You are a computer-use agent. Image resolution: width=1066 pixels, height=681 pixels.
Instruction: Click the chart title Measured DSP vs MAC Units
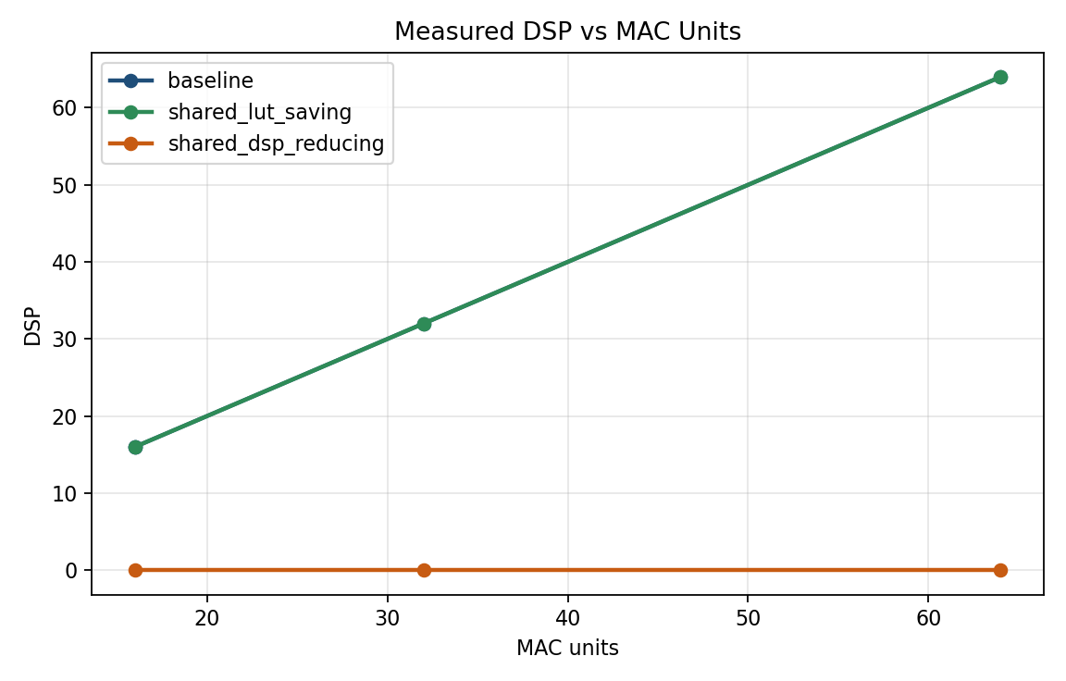tap(567, 31)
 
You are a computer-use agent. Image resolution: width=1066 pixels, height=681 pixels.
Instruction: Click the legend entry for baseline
tap(210, 81)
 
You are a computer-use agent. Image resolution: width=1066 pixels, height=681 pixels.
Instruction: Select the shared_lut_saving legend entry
tap(259, 113)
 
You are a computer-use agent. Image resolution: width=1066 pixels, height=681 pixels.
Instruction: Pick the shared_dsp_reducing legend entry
tap(275, 143)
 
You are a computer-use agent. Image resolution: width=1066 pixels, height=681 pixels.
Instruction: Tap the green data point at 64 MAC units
tap(1000, 77)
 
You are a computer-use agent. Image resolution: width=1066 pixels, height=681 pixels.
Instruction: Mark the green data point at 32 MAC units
tap(424, 324)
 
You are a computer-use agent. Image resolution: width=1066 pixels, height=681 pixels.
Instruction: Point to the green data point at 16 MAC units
tap(135, 447)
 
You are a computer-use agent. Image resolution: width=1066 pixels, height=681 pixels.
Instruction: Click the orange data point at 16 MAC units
tap(135, 570)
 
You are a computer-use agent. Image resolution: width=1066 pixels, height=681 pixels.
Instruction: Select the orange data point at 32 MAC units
tap(424, 570)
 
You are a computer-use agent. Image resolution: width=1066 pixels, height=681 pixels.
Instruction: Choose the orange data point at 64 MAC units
tap(1000, 570)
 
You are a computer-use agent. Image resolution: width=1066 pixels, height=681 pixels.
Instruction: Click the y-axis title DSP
tap(33, 324)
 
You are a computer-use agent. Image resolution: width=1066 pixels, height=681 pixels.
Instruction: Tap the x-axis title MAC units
tap(567, 649)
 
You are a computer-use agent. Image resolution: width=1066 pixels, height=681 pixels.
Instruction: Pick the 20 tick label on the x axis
tap(207, 616)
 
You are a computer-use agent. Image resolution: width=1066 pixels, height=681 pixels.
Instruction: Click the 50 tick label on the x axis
tap(748, 616)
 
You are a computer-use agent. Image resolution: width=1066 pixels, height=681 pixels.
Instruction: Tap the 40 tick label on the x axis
tap(567, 616)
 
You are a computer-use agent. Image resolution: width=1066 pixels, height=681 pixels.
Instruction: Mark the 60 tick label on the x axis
tap(928, 616)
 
